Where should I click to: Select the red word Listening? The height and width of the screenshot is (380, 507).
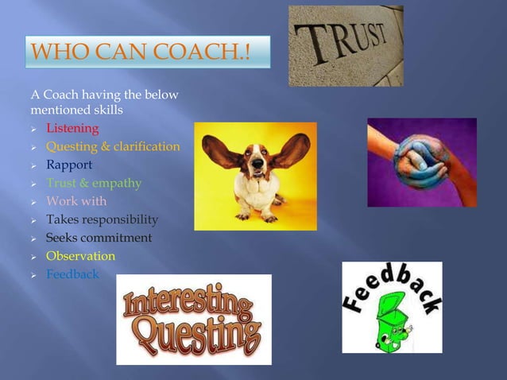click(x=72, y=129)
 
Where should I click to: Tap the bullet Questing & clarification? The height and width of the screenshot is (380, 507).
click(x=113, y=147)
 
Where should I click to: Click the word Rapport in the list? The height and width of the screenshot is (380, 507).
click(x=69, y=165)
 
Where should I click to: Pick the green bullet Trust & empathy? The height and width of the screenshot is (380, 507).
click(x=94, y=184)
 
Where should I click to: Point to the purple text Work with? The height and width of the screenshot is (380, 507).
click(x=76, y=202)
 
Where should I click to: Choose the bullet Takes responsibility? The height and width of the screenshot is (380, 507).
click(x=102, y=220)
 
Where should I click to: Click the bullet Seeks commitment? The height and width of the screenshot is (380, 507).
click(x=99, y=238)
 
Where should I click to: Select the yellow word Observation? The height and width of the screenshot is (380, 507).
click(x=80, y=257)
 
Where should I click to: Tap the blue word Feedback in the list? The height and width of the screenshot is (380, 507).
click(x=73, y=275)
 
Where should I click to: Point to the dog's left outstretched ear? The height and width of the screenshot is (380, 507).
click(x=219, y=151)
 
